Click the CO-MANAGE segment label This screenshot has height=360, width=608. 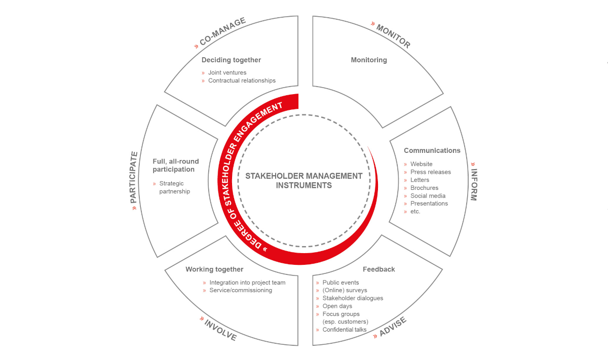click(222, 31)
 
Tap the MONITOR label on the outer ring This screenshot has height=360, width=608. click(393, 36)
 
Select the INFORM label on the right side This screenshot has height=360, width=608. click(474, 185)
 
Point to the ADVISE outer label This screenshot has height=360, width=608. click(393, 327)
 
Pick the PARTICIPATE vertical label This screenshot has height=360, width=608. click(134, 177)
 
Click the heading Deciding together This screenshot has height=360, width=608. click(231, 60)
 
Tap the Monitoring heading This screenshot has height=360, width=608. click(369, 60)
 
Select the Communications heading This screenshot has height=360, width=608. click(432, 150)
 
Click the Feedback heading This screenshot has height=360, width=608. click(379, 269)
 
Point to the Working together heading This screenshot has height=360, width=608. click(214, 269)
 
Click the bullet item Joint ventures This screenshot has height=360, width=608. click(227, 73)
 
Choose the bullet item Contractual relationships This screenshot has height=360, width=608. click(242, 81)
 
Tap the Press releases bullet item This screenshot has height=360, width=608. click(431, 172)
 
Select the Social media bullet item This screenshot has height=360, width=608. click(428, 196)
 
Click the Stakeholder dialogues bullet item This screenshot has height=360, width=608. click(353, 298)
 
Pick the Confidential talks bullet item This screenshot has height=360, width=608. click(345, 330)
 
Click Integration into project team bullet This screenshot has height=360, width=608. click(247, 283)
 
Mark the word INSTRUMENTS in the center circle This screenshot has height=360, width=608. click(304, 185)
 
